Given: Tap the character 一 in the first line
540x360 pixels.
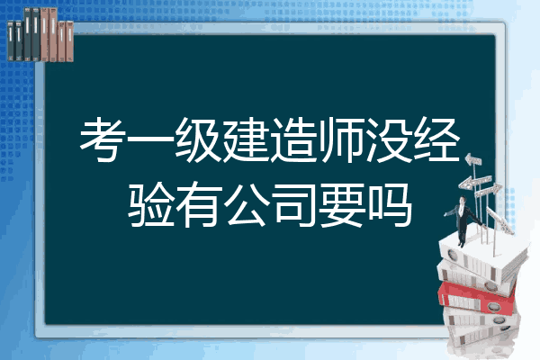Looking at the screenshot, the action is coord(152,139).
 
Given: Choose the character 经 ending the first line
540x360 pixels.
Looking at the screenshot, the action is coord(437,139).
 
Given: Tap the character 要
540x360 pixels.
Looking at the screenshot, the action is coord(343,204).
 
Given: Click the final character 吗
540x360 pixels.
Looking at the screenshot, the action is coord(391,204).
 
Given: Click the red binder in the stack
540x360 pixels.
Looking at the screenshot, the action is coord(477,297).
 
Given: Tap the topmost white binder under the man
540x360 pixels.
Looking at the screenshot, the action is coord(482,255).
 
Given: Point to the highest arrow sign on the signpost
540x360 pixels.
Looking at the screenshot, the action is coord(473,159).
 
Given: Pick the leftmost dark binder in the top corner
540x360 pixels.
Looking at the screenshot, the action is coord(11,40).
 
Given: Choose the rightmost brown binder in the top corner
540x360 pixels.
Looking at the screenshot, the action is coord(69,41).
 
